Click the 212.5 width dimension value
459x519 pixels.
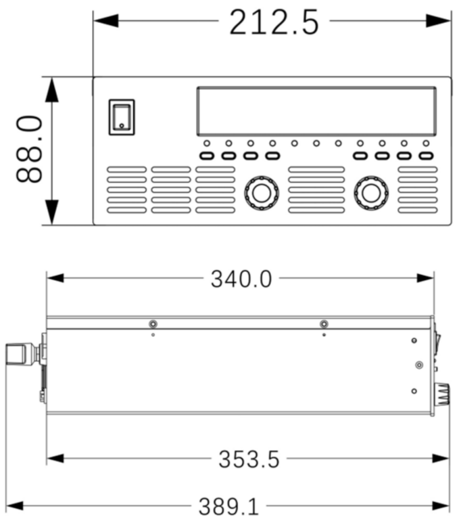pos(274,22)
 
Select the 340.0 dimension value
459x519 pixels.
pos(241,279)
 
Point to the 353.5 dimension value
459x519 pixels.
pos(249,459)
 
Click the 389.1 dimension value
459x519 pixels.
pos(228,506)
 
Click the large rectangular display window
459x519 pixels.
pos(316,111)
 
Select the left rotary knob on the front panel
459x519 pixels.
pos(260,193)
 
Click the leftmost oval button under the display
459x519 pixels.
pos(207,156)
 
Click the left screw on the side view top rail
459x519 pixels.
pos(153,323)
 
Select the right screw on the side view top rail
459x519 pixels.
pos(324,323)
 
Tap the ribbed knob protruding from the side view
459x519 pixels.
pos(442,393)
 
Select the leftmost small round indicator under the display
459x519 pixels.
pos(207,143)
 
